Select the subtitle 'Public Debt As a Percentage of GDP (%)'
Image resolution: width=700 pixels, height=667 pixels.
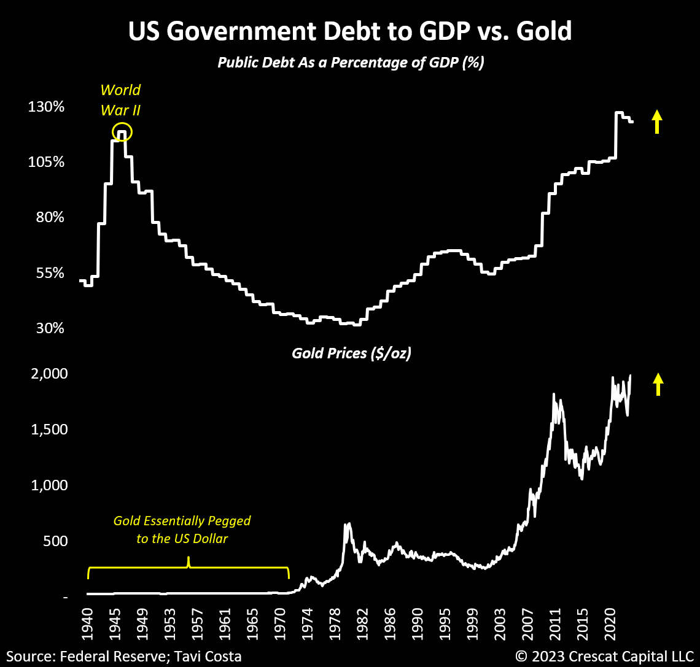[x=351, y=63]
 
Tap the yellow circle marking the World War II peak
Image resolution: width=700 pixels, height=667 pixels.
[x=122, y=132]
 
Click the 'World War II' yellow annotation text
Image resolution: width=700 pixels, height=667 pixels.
[x=120, y=100]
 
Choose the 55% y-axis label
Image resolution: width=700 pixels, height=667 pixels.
[x=50, y=272]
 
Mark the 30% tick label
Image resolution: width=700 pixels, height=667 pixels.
[x=50, y=328]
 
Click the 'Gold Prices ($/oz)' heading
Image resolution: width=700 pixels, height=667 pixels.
[x=351, y=353]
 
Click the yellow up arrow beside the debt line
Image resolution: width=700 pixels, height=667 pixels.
[x=657, y=121]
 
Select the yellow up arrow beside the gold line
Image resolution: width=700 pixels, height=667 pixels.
[x=658, y=384]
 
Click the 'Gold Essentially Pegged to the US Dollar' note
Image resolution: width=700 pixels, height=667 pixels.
[x=182, y=530]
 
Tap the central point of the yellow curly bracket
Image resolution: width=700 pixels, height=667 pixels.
[x=189, y=561]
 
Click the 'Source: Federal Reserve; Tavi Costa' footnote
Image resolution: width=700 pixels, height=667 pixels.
[x=124, y=656]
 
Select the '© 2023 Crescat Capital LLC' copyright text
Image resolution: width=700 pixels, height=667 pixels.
[x=604, y=656]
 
